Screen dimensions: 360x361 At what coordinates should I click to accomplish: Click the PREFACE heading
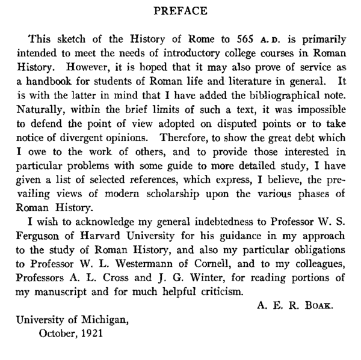tap(180, 10)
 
